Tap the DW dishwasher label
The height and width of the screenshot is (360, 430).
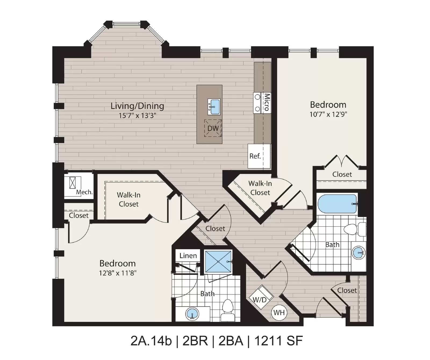pyautogui.click(x=213, y=128)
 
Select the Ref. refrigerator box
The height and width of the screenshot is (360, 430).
pyautogui.click(x=259, y=156)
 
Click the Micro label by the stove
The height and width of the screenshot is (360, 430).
pyautogui.click(x=267, y=102)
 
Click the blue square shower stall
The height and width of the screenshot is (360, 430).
pyautogui.click(x=218, y=262)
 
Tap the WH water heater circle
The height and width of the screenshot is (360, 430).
pyautogui.click(x=279, y=312)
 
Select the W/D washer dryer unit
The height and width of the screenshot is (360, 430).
pyautogui.click(x=261, y=296)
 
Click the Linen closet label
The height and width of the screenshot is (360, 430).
pyautogui.click(x=188, y=255)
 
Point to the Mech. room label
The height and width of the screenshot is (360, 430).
pyautogui.click(x=84, y=192)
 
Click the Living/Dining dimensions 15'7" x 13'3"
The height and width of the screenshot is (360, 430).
pyautogui.click(x=138, y=116)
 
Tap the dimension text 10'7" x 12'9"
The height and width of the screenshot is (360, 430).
pyautogui.click(x=328, y=114)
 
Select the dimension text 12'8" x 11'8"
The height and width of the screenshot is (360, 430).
pyautogui.click(x=118, y=273)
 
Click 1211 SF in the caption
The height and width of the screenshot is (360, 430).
pyautogui.click(x=278, y=341)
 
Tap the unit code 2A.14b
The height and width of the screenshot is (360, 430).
pyautogui.click(x=151, y=341)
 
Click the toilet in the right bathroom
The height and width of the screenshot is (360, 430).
pyautogui.click(x=355, y=229)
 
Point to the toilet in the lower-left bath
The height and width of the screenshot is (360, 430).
pyautogui.click(x=228, y=310)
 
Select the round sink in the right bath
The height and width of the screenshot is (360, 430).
pyautogui.click(x=359, y=253)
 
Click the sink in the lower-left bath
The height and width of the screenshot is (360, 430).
pyautogui.click(x=192, y=314)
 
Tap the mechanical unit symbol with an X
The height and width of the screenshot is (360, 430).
pyautogui.click(x=73, y=183)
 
